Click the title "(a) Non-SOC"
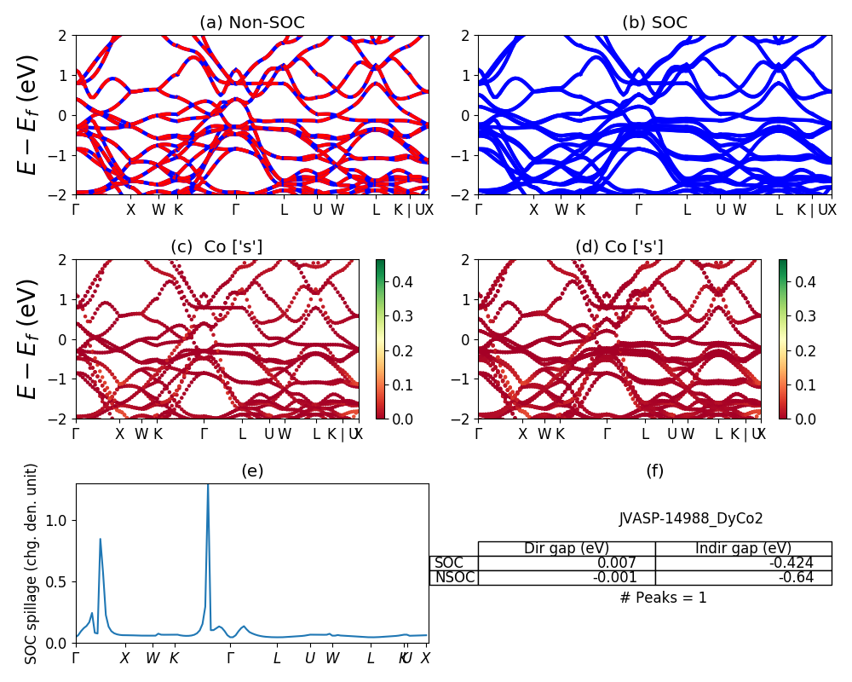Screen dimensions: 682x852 tap(251, 23)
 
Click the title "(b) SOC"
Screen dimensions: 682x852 tap(654, 23)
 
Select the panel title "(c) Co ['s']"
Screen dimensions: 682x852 tap(216, 247)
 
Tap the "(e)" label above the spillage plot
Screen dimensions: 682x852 tap(251, 471)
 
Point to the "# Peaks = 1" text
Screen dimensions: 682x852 tap(663, 598)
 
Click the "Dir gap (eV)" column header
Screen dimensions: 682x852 tap(567, 548)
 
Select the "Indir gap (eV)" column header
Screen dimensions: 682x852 tap(743, 548)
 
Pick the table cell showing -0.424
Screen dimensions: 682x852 tap(791, 563)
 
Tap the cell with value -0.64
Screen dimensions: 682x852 tap(797, 577)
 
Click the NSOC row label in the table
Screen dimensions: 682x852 tap(454, 577)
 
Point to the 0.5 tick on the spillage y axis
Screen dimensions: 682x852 tap(60, 581)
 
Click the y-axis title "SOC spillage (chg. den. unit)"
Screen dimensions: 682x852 tap(32, 563)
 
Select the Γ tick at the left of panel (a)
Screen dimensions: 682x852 tap(77, 210)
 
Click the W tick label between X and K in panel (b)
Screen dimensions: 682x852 tap(561, 210)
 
